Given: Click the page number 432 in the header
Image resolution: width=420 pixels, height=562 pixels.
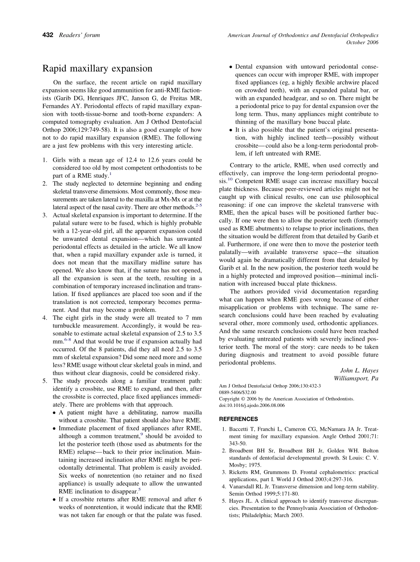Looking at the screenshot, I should pos(48,35).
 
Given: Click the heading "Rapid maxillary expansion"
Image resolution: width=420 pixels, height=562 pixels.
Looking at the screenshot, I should pos(97,68).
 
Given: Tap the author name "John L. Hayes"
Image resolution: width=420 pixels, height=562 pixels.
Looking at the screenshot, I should pos(359,370).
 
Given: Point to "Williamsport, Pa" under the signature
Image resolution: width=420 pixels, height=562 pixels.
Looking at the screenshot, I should pos(355,378).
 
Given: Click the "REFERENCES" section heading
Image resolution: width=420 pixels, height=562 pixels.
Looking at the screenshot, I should pos(238,419).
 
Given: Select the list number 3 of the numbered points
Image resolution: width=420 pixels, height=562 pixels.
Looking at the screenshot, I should pos(45,215).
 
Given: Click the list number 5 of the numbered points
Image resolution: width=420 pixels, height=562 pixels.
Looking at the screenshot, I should pos(45,381).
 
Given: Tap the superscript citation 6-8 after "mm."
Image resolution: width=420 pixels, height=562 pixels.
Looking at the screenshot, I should pos(68,340).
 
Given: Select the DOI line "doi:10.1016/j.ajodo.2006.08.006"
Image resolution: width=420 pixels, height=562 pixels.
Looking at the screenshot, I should pos(252,405).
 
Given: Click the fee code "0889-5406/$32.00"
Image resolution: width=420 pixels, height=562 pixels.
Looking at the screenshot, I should pos(237,392).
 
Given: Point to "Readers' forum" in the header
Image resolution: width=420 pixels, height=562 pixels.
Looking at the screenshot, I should pos(80,35).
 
